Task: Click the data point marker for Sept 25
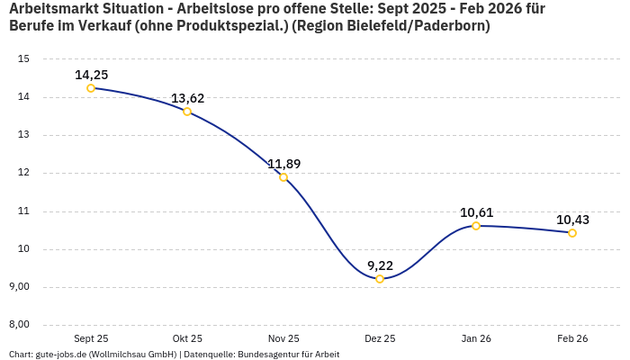[91, 88]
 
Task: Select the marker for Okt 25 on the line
[187, 112]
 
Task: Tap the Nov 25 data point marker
[283, 177]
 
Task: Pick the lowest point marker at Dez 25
[380, 279]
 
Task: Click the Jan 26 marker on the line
[476, 226]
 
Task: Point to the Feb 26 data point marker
[572, 233]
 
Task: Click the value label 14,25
[91, 75]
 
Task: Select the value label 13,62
[187, 98]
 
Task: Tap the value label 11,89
[283, 164]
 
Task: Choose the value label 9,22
[380, 265]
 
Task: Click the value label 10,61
[476, 212]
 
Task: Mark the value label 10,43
[572, 220]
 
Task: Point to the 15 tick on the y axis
[24, 59]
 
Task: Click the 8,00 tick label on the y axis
[20, 325]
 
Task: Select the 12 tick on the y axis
[24, 173]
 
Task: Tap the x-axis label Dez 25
[380, 338]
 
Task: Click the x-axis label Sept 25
[91, 338]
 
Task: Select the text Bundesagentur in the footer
[265, 355]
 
